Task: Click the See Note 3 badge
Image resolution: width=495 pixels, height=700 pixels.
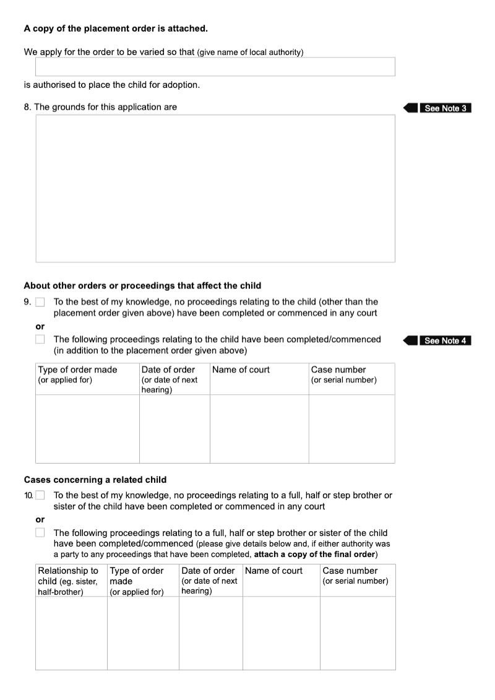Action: (445, 108)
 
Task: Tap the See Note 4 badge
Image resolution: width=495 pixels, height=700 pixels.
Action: (445, 340)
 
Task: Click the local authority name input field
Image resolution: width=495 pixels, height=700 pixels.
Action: (215, 67)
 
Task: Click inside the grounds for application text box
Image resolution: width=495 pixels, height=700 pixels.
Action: (215, 188)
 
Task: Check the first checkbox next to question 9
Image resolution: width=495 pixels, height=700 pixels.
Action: (40, 303)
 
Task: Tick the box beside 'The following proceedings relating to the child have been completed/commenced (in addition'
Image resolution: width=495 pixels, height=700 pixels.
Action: (40, 339)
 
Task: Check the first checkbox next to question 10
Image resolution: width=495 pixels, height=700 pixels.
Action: (40, 495)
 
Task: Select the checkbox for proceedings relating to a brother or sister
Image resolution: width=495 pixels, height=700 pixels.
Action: (40, 532)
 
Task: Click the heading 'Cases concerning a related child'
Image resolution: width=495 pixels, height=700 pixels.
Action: (95, 480)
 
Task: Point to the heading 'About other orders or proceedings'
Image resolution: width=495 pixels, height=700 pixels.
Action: (142, 286)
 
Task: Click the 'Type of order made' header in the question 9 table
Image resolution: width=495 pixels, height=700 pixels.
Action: (77, 370)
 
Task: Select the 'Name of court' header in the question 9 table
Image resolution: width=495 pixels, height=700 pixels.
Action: (241, 370)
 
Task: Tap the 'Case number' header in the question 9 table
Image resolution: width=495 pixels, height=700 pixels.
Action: (338, 370)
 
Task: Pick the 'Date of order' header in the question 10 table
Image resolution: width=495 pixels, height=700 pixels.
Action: (209, 571)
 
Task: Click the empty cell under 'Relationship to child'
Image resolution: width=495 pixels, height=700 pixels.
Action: (71, 633)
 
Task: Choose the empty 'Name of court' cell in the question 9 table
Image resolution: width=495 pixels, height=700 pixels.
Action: (259, 428)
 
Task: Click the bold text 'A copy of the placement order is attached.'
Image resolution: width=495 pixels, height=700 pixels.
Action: (116, 28)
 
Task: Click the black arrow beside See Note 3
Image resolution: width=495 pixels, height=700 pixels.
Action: (410, 108)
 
